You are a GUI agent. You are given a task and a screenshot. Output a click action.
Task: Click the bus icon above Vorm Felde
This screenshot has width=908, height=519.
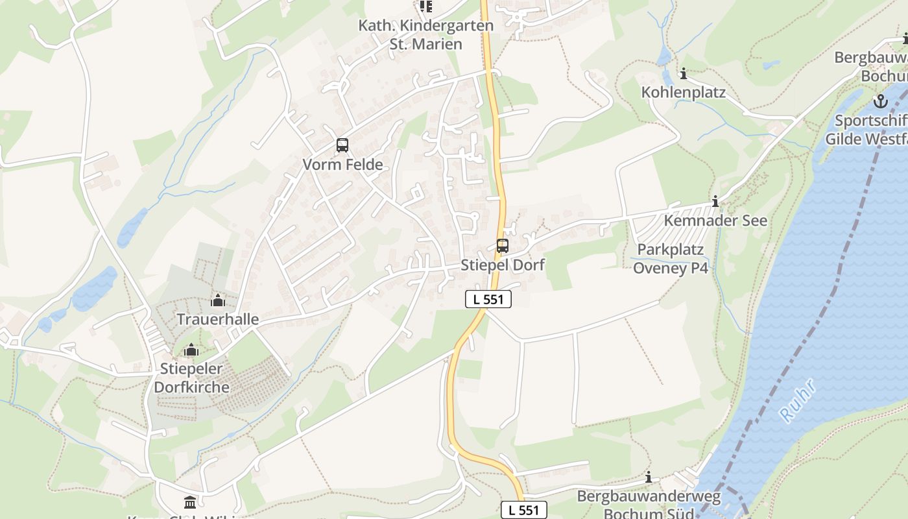point(342,145)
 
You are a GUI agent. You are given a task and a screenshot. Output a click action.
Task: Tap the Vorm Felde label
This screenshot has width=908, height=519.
point(342,165)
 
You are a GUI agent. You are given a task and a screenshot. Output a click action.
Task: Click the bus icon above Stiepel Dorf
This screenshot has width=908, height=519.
point(503,246)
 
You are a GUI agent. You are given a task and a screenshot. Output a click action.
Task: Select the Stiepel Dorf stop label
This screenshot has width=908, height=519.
point(503,265)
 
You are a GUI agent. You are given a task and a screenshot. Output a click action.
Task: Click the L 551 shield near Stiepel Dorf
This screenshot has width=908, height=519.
point(488,299)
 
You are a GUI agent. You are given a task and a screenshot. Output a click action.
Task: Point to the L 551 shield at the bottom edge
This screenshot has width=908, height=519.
point(524,510)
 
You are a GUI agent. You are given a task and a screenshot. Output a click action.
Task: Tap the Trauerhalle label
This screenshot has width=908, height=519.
point(218,319)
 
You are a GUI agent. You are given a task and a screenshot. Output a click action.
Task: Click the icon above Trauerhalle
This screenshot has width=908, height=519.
point(218,300)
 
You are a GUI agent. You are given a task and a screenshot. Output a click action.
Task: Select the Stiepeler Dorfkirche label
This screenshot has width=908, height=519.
point(191,378)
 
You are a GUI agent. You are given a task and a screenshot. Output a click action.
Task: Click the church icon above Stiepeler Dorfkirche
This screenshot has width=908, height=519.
point(191,350)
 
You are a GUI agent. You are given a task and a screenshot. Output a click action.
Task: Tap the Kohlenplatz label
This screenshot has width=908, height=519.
point(683,92)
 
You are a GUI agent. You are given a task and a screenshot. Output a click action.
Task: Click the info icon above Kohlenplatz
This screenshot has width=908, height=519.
point(683,74)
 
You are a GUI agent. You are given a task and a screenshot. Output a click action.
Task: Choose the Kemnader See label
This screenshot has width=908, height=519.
point(715,221)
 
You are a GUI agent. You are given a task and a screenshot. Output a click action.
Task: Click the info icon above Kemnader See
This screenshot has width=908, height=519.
point(715,202)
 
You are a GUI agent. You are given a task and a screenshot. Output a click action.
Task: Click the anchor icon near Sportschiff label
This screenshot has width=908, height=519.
point(880,101)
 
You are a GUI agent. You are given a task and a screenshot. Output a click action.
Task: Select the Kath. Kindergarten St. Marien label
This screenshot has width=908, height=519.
point(426,35)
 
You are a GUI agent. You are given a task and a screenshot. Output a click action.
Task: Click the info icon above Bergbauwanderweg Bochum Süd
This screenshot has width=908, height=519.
point(648,477)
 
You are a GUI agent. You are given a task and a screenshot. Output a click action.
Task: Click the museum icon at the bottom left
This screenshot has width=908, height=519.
point(190,502)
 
